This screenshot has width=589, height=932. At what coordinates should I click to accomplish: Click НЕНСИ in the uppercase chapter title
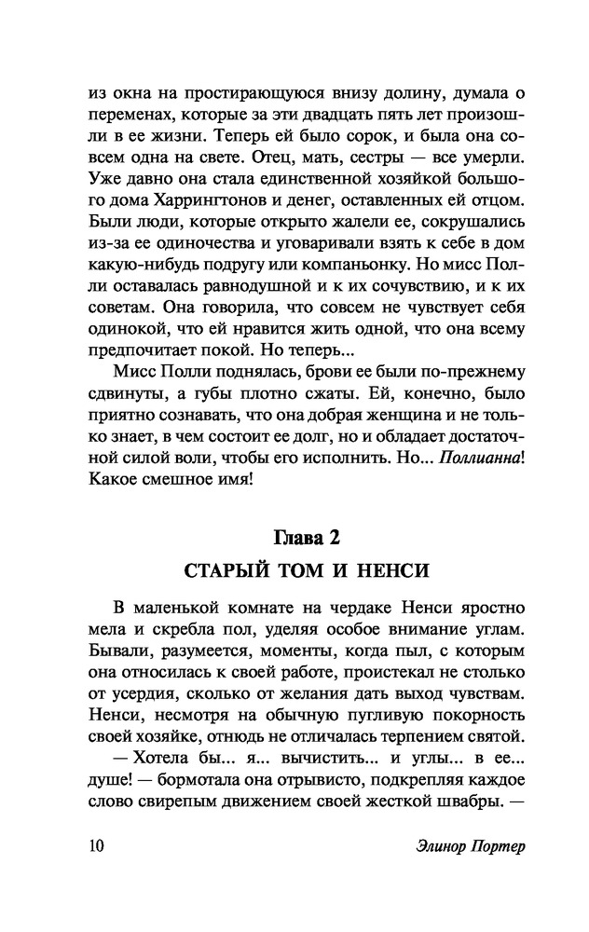point(399,569)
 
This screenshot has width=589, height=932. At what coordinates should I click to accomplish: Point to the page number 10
point(96,846)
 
